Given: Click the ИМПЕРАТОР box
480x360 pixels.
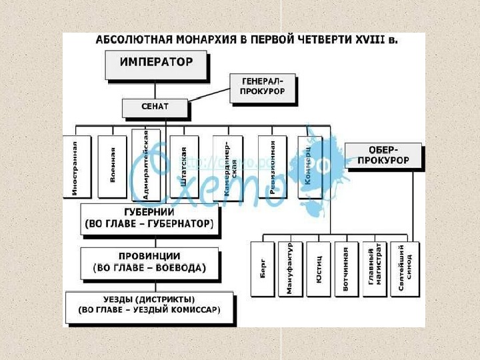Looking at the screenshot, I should [156, 65].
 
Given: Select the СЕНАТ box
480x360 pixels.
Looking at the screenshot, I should [155, 107].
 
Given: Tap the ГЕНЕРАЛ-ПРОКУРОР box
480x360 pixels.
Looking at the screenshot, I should [262, 87].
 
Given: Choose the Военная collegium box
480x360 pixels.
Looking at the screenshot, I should [112, 167].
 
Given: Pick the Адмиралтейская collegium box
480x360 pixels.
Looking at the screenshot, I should [146, 164].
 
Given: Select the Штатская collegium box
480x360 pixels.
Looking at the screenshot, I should [183, 167].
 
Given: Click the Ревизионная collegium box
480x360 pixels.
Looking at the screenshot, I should [272, 167].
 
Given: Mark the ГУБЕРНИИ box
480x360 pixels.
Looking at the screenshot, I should [150, 218].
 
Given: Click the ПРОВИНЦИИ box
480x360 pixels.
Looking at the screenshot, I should [149, 263].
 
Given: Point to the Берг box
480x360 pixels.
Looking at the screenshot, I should [263, 269].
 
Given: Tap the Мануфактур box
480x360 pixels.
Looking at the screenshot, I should [290, 269].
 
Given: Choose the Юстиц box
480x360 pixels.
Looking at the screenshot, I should [319, 269].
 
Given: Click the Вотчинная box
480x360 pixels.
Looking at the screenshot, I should [346, 269].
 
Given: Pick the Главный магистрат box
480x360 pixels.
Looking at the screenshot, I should [374, 269].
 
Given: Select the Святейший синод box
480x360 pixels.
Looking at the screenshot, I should [404, 269].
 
